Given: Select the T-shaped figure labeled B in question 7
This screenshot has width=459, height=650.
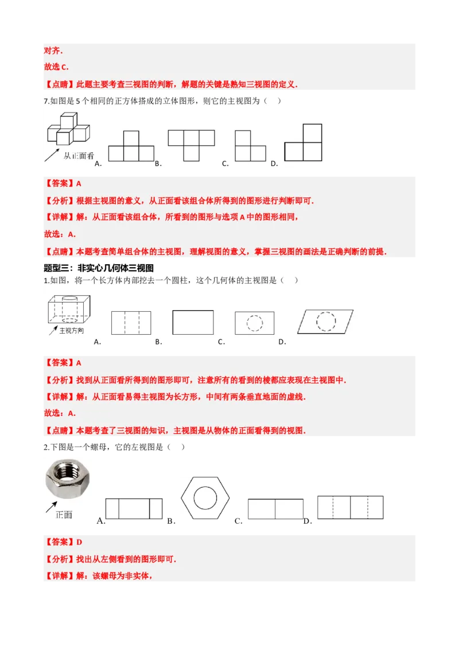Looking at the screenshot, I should pyautogui.click(x=191, y=144).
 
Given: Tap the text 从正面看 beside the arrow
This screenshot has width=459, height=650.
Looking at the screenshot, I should pyautogui.click(x=79, y=155).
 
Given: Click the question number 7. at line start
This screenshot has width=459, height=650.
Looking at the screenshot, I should pyautogui.click(x=46, y=101).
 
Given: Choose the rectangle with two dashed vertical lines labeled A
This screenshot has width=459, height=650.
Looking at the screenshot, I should pyautogui.click(x=131, y=323).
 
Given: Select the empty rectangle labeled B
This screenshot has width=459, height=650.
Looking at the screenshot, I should pyautogui.click(x=193, y=322).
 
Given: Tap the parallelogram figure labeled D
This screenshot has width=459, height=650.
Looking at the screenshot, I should pyautogui.click(x=325, y=322).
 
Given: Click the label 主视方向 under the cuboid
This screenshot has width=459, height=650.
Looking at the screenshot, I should pyautogui.click(x=72, y=331).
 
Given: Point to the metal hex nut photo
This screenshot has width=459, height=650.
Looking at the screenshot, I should pyautogui.click(x=69, y=478).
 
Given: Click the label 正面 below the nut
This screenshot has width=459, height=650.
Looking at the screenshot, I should pyautogui.click(x=64, y=514).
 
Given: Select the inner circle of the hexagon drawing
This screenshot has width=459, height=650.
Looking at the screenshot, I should pyautogui.click(x=207, y=497).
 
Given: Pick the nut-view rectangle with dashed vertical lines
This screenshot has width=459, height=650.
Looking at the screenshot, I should pyautogui.click(x=351, y=508).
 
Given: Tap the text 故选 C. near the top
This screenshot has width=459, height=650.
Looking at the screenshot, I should pyautogui.click(x=56, y=67).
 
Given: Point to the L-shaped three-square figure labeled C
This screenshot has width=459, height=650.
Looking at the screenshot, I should pyautogui.click(x=251, y=147).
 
